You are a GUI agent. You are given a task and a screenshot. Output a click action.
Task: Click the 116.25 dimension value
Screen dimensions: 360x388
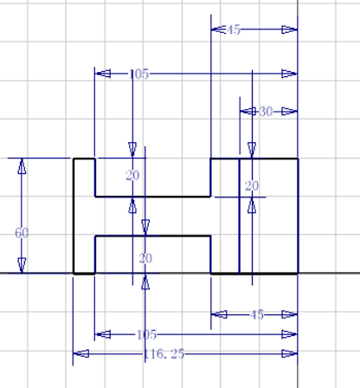165,354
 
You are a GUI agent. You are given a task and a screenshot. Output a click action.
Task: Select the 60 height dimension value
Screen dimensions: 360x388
22,233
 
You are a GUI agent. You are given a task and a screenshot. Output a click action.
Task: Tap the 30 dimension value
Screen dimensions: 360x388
266,111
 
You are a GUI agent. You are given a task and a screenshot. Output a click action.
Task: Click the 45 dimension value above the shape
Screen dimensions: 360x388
234,29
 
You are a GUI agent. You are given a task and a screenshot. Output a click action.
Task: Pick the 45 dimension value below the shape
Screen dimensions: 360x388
256,314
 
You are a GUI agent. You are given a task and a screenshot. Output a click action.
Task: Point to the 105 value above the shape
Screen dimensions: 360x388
138,74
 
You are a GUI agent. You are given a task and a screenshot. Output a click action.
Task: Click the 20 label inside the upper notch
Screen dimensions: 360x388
132,176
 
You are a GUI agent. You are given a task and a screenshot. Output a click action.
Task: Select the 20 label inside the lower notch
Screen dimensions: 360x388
145,258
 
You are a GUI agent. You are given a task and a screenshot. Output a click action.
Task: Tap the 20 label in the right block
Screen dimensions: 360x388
252,185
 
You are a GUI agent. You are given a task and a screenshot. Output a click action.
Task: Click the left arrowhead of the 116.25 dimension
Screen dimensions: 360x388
80,353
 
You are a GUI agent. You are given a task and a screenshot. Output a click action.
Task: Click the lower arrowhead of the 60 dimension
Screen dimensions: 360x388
22,266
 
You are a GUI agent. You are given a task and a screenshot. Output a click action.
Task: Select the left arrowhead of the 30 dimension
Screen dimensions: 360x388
247,111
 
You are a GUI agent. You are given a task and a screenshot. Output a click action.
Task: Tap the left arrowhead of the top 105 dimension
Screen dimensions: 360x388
102,74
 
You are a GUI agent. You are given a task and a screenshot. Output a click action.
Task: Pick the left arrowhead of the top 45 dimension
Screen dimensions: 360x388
219,29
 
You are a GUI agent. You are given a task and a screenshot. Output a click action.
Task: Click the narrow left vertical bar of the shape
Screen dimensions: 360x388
84,216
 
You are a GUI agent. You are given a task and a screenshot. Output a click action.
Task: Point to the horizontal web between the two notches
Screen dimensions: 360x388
152,216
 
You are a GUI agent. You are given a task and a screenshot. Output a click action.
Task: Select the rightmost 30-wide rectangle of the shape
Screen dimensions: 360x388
268,216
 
